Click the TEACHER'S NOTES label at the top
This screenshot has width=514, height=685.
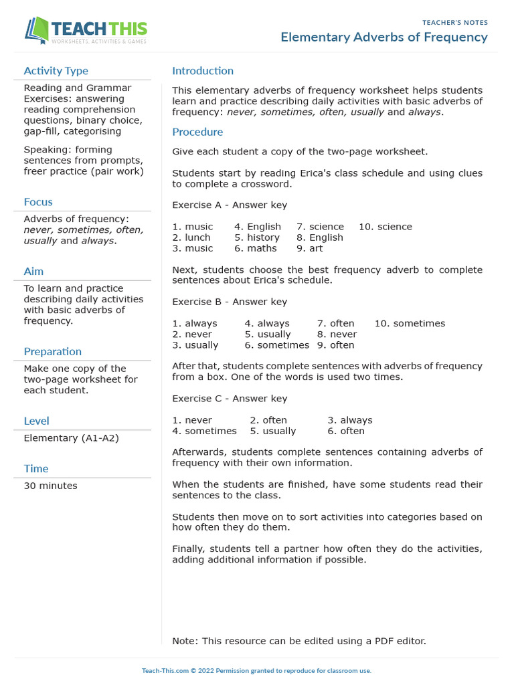454,23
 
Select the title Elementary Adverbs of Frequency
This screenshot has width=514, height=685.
383,37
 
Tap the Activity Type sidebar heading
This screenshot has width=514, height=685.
56,71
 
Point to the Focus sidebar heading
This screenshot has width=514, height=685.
38,202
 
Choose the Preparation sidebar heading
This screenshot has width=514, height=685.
52,352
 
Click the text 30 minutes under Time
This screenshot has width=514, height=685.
50,486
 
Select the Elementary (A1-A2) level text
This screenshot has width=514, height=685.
72,438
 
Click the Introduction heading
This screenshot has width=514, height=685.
203,71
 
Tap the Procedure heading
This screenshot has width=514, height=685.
197,132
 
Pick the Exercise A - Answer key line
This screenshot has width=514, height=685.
230,205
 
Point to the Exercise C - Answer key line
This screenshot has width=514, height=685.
230,399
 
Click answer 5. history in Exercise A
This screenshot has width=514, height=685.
257,237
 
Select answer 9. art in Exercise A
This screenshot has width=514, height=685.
309,248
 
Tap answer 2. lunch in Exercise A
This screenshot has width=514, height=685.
191,237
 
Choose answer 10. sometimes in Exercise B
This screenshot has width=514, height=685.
410,324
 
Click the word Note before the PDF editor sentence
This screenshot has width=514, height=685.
184,641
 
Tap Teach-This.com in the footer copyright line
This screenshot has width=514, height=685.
165,670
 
